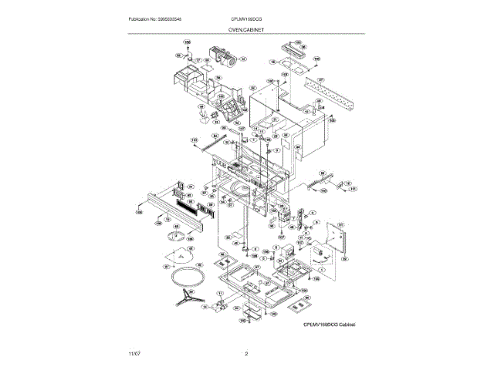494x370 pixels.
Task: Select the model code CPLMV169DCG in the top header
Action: click(x=245, y=18)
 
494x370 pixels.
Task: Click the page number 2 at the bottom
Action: click(x=246, y=354)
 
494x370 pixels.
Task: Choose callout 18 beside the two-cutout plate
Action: click(x=272, y=61)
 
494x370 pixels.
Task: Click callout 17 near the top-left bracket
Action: click(x=198, y=59)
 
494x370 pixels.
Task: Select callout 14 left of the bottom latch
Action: click(x=205, y=306)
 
